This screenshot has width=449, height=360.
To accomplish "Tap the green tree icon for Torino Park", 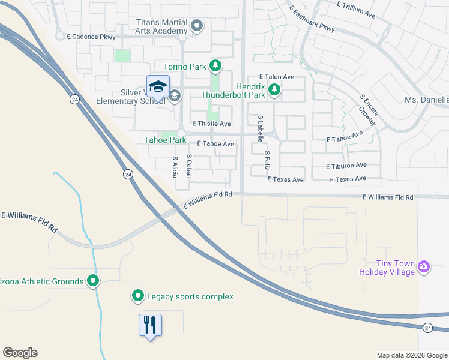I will coord(215,66).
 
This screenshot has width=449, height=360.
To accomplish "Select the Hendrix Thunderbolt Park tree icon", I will coord(274,90).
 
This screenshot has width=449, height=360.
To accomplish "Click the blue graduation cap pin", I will coord(158,87).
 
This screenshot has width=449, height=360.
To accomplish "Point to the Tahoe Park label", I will coord(165,140).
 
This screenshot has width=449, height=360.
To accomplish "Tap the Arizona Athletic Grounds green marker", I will coord(93,280).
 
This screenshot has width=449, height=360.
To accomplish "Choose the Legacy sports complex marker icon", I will coord(137,296).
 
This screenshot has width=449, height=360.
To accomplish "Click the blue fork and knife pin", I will coord(150,325).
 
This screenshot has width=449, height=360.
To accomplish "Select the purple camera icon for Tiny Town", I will coord(424,266).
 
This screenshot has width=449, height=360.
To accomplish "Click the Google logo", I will coord(20,353).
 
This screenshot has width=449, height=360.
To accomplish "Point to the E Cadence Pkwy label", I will coord(91,37).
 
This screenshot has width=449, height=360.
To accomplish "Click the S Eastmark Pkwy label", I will coord(311,20).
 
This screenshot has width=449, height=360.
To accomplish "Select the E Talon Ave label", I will coord(276,77).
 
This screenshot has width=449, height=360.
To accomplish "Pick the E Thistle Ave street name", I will coord(211,124).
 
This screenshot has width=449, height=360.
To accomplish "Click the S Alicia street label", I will coord(175,167).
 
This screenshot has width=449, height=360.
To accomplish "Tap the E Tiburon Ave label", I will coord(346,166).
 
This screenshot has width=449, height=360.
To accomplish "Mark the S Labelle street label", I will coord(261,128).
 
